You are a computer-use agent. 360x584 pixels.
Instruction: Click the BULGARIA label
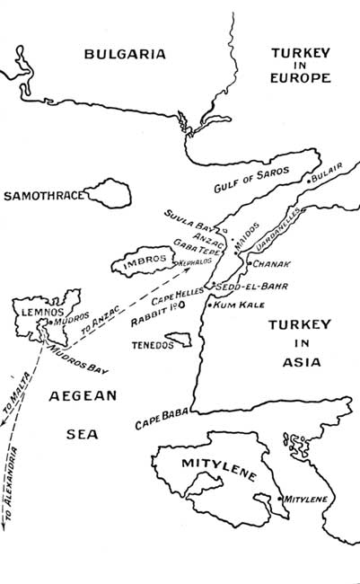click(125, 54)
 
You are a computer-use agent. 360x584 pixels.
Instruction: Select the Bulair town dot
click(309, 181)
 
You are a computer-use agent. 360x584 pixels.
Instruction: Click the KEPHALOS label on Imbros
click(198, 263)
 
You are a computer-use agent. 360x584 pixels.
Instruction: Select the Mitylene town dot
click(281, 497)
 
